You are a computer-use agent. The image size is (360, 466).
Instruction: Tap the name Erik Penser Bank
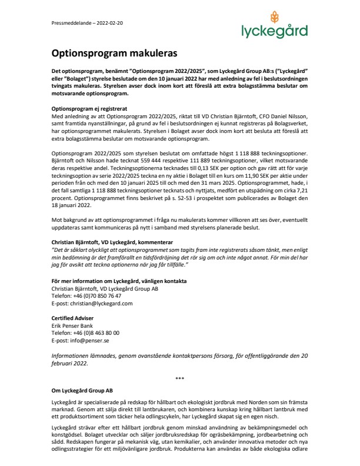tap(70, 324)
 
